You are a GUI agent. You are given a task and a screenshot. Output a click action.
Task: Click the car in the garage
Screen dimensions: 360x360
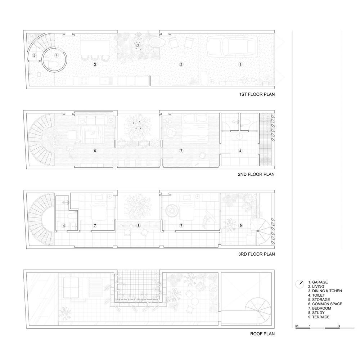(x=232, y=47)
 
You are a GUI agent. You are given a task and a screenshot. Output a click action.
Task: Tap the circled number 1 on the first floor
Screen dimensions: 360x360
(x=240, y=64)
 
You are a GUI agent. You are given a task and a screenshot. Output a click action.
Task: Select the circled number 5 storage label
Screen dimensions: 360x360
(x=35, y=55)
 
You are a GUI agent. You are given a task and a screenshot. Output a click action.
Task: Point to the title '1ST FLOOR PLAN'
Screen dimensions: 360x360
(x=257, y=94)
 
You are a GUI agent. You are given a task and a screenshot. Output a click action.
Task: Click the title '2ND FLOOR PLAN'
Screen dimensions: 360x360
(x=256, y=174)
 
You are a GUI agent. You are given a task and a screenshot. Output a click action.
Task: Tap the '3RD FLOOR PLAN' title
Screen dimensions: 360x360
(x=256, y=254)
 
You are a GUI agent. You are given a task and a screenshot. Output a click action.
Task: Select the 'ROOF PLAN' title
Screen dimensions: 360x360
(x=262, y=334)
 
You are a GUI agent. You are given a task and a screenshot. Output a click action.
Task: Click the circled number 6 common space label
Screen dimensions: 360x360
(x=95, y=151)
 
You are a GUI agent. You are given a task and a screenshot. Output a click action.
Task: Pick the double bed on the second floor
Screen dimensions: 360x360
(x=195, y=129)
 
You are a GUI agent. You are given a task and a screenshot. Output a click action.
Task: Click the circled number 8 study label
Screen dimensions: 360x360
(x=139, y=226)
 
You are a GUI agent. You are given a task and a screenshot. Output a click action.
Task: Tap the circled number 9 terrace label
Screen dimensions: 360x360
(x=240, y=226)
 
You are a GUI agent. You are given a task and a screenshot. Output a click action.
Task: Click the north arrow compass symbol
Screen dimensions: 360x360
(x=300, y=284)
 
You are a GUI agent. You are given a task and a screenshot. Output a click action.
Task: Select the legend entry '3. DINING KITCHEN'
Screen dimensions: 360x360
(x=325, y=291)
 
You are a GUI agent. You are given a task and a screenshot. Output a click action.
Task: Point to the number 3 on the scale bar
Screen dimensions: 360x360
(x=339, y=326)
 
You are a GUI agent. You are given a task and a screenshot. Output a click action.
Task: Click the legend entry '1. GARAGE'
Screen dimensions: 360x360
(x=318, y=282)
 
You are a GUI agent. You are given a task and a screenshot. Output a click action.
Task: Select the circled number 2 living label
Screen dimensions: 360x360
(x=181, y=64)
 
